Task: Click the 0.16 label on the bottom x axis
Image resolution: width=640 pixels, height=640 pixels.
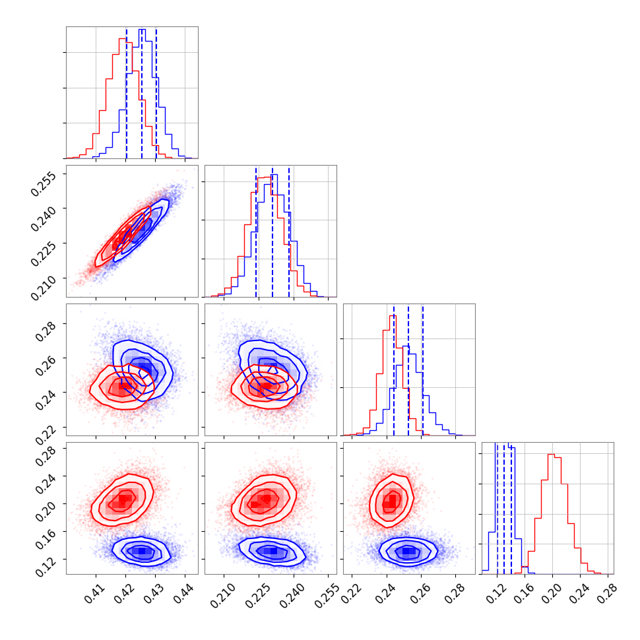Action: (523, 589)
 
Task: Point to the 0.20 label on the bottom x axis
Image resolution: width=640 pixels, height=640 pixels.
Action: (551, 589)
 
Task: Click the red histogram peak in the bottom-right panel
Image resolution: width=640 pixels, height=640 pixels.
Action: (551, 455)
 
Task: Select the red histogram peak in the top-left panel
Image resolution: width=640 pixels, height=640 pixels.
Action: (123, 39)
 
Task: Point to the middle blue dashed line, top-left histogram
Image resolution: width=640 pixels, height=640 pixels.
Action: (141, 92)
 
